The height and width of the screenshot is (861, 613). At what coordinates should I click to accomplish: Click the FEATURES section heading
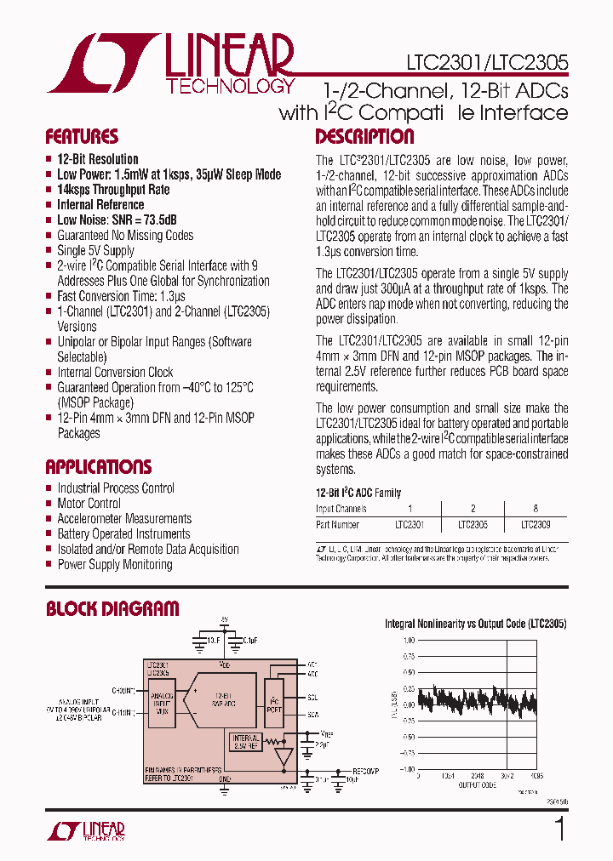82,137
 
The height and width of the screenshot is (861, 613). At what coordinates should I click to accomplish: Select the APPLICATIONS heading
98,467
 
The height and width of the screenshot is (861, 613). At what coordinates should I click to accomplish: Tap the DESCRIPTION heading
364,137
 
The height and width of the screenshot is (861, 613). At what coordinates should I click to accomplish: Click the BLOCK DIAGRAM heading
112,608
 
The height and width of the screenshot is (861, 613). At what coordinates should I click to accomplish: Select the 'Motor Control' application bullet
89,504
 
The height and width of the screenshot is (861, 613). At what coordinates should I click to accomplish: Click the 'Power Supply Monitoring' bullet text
115,565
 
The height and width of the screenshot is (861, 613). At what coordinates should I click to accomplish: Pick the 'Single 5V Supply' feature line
95,251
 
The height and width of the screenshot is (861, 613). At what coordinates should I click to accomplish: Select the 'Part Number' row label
338,525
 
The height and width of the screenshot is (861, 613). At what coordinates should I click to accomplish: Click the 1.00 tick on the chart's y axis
410,640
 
